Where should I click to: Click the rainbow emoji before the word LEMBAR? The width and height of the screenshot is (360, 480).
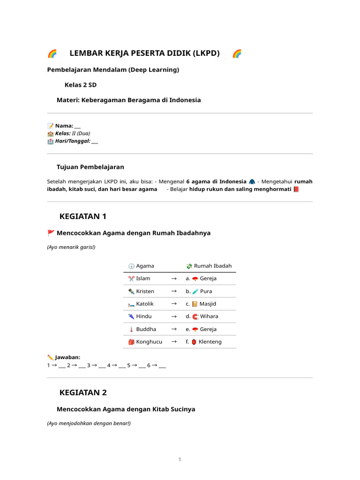(52, 53)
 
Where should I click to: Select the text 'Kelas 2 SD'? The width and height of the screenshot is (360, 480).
(81, 85)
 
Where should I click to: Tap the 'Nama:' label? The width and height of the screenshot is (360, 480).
(64, 126)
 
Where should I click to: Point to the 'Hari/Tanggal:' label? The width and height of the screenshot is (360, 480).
(73, 141)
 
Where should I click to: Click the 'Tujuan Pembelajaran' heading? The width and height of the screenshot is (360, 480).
(90, 167)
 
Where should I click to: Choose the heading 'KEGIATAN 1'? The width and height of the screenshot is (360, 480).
(83, 216)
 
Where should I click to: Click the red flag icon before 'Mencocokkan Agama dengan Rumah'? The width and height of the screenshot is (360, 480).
(51, 233)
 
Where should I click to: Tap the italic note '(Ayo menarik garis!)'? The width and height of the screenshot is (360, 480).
(71, 247)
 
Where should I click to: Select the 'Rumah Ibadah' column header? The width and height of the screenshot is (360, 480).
(213, 266)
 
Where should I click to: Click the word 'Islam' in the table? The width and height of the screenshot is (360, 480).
(143, 278)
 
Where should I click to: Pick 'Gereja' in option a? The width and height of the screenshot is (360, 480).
(208, 278)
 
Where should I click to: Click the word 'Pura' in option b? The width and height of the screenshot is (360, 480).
(206, 291)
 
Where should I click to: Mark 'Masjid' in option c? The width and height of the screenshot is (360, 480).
(208, 304)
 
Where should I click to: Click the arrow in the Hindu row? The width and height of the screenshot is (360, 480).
(173, 316)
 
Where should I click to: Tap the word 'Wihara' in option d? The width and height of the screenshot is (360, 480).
(209, 316)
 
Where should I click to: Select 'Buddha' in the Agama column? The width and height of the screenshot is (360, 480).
(146, 329)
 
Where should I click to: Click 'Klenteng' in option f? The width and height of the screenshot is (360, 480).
(210, 342)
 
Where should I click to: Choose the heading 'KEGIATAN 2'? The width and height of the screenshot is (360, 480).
(83, 392)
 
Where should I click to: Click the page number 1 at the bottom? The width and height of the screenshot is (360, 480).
(180, 459)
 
